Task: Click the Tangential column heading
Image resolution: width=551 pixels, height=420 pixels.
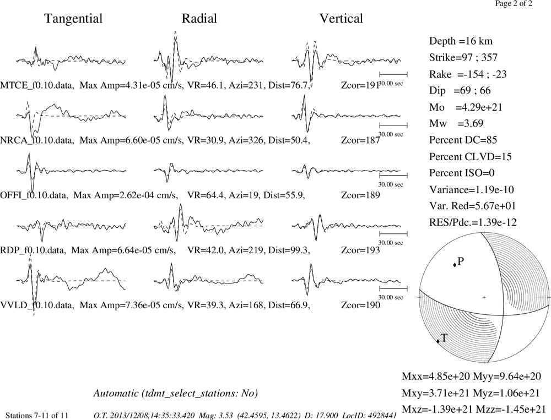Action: click(x=73, y=19)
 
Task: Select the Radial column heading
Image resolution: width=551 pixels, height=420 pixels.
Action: click(x=199, y=19)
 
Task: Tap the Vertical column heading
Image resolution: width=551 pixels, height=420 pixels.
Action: click(x=341, y=19)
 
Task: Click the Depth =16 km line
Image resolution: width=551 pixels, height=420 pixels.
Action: click(x=461, y=41)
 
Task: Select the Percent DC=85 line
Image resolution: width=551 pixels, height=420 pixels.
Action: click(x=463, y=140)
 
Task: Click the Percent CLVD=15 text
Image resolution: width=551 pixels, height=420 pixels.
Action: click(x=471, y=157)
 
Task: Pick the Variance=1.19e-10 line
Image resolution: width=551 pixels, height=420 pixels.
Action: click(x=472, y=190)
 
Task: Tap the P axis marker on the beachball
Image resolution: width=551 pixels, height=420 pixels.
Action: click(x=455, y=265)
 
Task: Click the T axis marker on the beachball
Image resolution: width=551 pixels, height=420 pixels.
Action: click(x=438, y=341)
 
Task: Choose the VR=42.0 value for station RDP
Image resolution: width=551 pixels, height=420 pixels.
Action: click(x=206, y=250)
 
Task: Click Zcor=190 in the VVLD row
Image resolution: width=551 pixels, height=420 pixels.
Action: click(x=360, y=305)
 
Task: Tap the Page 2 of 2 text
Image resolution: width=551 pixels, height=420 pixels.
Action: click(x=514, y=3)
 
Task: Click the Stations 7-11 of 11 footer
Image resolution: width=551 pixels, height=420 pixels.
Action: click(x=37, y=416)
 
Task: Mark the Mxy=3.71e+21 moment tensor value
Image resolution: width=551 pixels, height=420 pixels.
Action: click(x=435, y=393)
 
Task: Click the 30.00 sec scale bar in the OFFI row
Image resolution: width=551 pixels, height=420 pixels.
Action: click(x=393, y=175)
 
